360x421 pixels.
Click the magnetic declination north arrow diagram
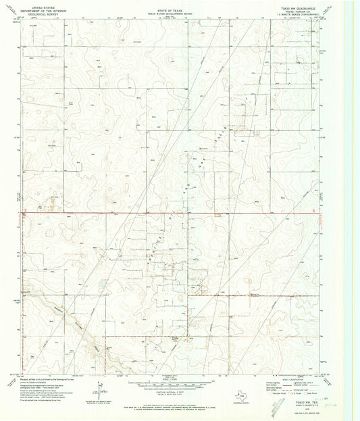[x=102, y=392]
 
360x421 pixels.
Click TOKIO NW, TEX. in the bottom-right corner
[x=309, y=400]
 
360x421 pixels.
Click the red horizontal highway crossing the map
[x=169, y=213]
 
